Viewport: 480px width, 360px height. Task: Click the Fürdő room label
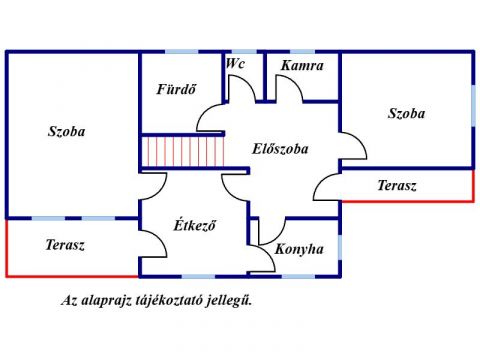click(176, 89)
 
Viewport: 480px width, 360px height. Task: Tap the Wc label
click(235, 63)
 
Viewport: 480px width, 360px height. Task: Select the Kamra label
click(302, 65)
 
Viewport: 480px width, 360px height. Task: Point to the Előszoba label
click(280, 149)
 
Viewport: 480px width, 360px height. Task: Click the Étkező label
click(195, 225)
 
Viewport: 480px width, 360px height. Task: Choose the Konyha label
click(299, 249)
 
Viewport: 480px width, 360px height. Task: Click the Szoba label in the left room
click(66, 131)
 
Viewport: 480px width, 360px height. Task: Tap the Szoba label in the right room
click(406, 113)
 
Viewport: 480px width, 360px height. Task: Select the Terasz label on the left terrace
click(65, 245)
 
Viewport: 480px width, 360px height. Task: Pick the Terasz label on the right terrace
click(397, 185)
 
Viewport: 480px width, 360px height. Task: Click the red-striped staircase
click(183, 152)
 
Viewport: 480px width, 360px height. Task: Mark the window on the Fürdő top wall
click(182, 52)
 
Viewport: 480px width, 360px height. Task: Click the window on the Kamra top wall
click(302, 52)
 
